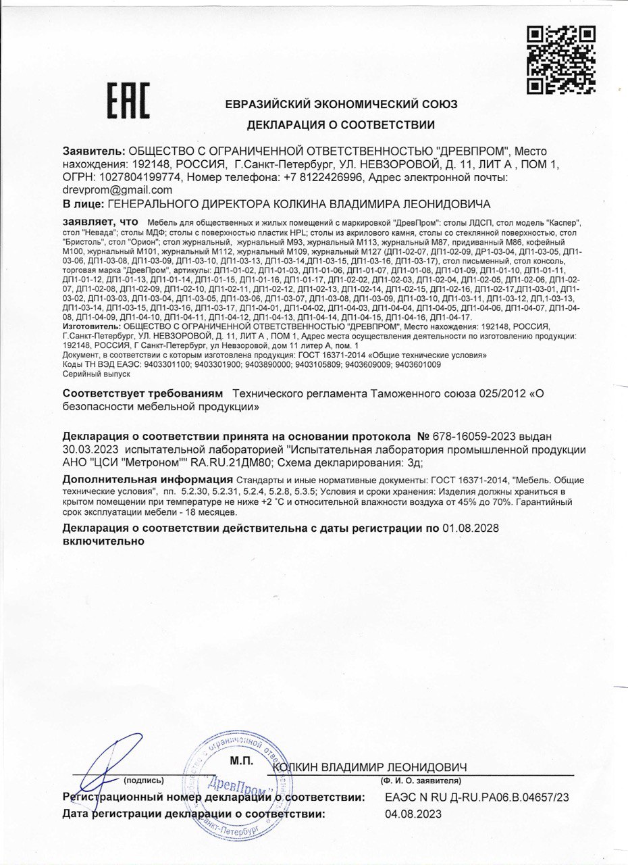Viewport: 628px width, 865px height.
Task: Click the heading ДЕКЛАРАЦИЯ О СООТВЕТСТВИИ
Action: (340, 124)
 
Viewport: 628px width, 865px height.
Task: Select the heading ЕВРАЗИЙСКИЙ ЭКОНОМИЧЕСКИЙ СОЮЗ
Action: (341, 104)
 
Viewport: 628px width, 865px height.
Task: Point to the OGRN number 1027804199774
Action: (140, 177)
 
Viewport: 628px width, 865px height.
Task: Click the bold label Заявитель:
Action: (94, 151)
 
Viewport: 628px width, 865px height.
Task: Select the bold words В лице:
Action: (82, 203)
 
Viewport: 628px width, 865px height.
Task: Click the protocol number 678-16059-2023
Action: (467, 439)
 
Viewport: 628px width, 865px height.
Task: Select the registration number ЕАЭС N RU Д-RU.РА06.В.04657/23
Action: (477, 797)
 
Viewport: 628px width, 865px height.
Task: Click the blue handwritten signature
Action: (101, 770)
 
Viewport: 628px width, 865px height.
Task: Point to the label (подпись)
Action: (143, 780)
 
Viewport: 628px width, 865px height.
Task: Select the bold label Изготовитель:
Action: (86, 326)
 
